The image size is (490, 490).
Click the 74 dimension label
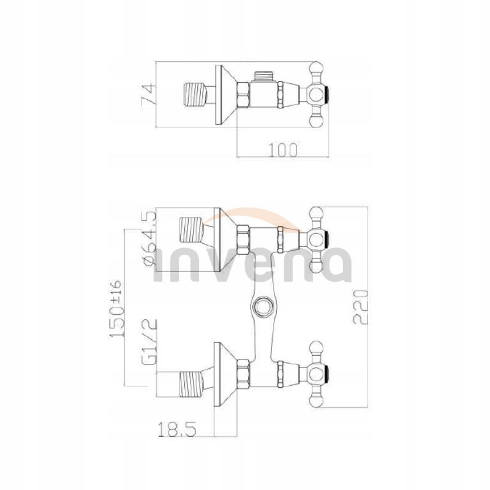pos(147,95)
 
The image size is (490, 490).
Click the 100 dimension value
pos(284,149)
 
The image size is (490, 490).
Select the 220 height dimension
pos(361,307)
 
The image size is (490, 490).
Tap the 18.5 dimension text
pos(177,429)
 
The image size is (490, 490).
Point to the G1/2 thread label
pos(149,342)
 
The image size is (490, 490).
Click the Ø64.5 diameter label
pos(149,238)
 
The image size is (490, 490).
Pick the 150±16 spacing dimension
pos(117,308)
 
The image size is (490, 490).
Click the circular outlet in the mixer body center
pos(262,306)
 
